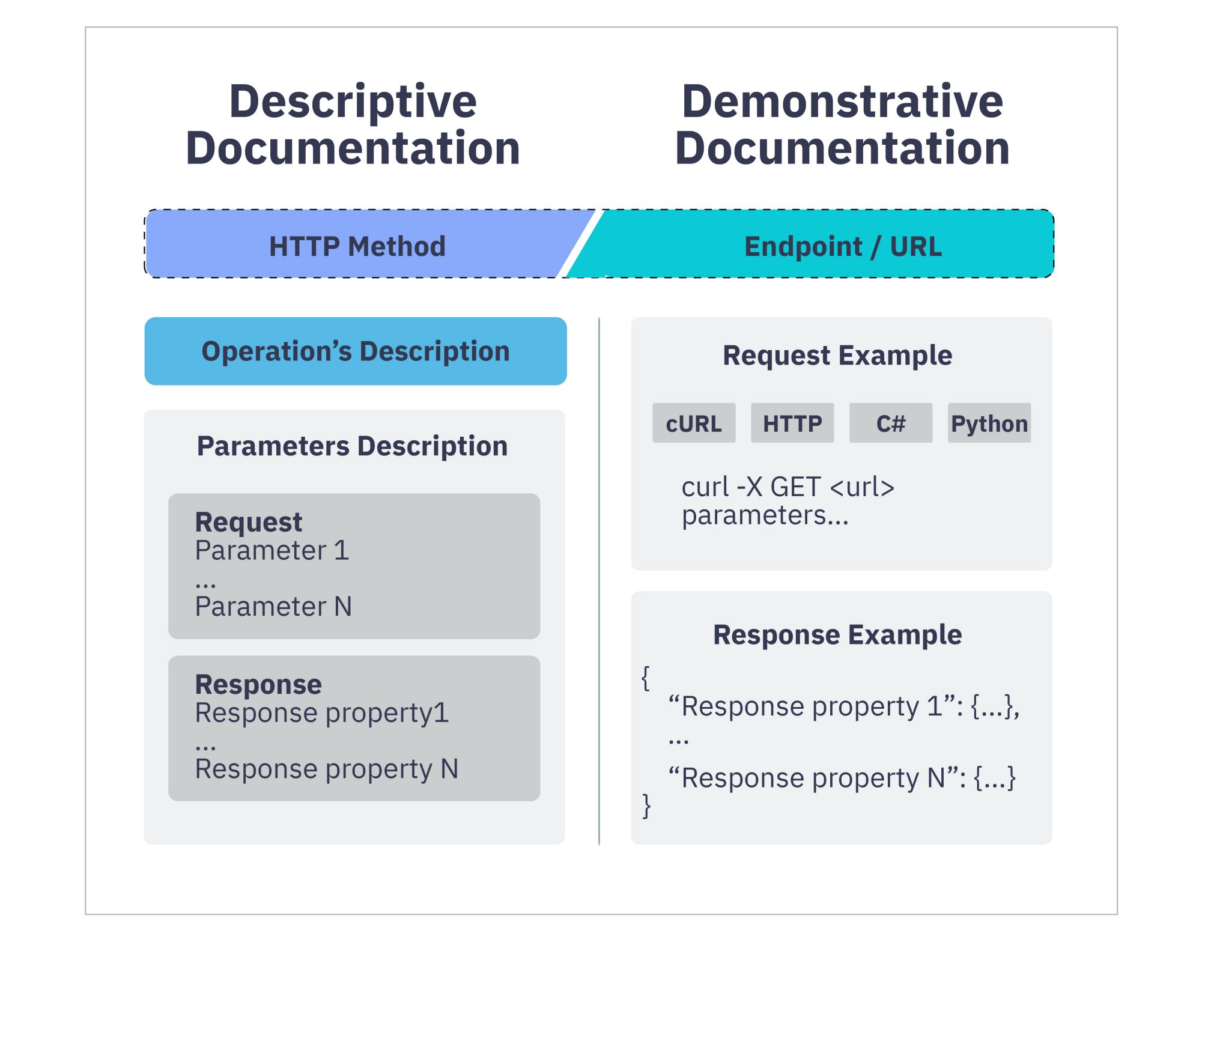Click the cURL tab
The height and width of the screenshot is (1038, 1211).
pyautogui.click(x=694, y=423)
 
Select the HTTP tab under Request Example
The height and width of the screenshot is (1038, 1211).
pyautogui.click(x=792, y=423)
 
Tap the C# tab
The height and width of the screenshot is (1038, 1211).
pyautogui.click(x=891, y=423)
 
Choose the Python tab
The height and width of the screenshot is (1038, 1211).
pyautogui.click(x=989, y=423)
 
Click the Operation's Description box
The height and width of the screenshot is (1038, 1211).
pyautogui.click(x=356, y=351)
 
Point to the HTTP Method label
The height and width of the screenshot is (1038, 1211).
pyautogui.click(x=357, y=246)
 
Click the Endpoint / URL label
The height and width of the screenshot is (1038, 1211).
pyautogui.click(x=843, y=246)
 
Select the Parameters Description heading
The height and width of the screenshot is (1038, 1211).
pyautogui.click(x=353, y=446)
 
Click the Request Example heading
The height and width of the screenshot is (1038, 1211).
pyautogui.click(x=837, y=356)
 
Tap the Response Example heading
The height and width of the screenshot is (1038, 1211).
pyautogui.click(x=837, y=635)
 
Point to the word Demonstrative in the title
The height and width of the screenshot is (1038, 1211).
pyautogui.click(x=842, y=101)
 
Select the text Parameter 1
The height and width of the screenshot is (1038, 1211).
pyautogui.click(x=272, y=550)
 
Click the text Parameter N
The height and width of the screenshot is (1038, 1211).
pyautogui.click(x=273, y=606)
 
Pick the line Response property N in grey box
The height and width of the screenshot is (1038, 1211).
pyautogui.click(x=327, y=769)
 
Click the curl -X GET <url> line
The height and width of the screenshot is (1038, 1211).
pyautogui.click(x=788, y=487)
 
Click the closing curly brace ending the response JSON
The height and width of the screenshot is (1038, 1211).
pyautogui.click(x=646, y=806)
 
